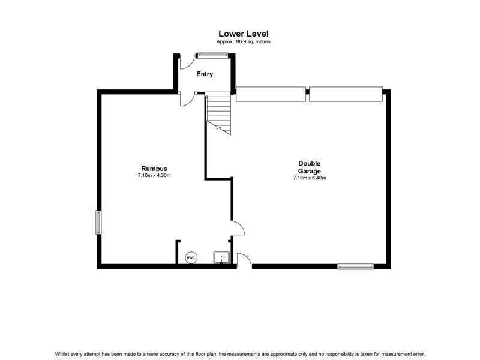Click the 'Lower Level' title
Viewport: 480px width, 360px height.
click(243, 34)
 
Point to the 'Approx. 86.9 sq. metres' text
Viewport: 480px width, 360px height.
click(243, 41)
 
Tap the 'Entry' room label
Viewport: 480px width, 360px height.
click(205, 74)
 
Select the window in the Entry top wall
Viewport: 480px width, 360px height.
click(212, 56)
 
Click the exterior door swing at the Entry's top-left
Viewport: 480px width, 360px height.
click(186, 60)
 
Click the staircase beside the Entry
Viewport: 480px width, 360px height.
click(219, 112)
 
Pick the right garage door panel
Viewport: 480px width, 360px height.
click(346, 94)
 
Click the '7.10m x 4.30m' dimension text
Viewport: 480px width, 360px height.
click(154, 176)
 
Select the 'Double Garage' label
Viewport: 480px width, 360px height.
click(310, 167)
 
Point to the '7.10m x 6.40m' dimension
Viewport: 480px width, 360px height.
click(310, 178)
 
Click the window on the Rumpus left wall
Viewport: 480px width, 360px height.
click(98, 222)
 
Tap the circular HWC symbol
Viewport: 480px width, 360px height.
click(191, 257)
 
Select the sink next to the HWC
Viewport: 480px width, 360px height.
click(221, 258)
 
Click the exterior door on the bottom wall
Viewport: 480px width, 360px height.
click(244, 260)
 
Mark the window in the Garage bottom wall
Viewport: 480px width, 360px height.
click(355, 267)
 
